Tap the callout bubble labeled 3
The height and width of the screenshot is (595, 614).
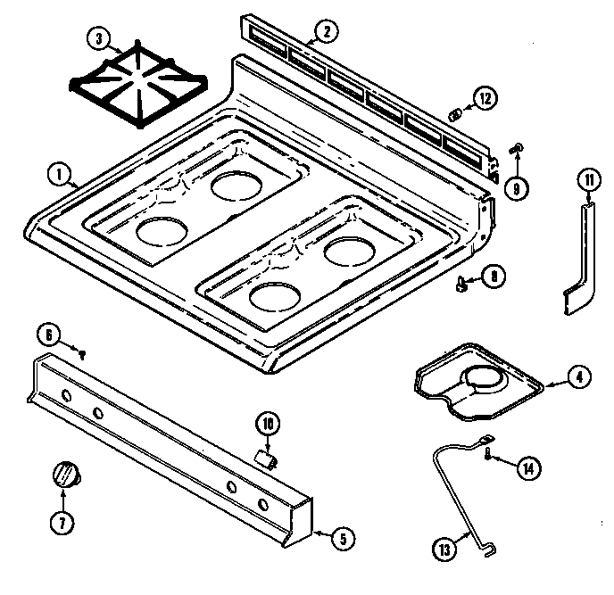point(99,38)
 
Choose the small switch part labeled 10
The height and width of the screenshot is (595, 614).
point(264,457)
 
